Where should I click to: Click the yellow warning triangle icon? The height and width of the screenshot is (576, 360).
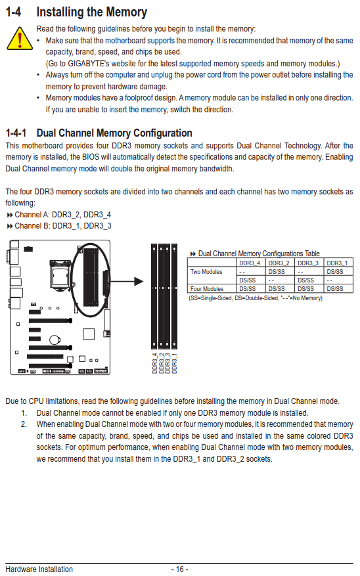(20, 39)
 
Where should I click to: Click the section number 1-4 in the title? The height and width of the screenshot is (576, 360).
(13, 12)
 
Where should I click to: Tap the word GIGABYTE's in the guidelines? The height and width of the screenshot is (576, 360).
(89, 64)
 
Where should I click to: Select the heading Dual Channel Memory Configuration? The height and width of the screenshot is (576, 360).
(114, 133)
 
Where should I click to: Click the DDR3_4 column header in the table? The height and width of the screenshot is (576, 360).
(250, 263)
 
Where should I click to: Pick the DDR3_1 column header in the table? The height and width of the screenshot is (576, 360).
(337, 263)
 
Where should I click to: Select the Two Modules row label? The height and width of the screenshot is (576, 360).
(206, 272)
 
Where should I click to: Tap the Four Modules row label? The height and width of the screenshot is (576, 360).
(207, 289)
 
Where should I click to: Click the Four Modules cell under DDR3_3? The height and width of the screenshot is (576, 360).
(305, 289)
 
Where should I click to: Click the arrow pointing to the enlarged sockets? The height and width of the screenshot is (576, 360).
(126, 282)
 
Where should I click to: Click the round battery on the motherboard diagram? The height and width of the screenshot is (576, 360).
(55, 340)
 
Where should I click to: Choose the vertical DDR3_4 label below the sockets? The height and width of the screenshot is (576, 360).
(155, 363)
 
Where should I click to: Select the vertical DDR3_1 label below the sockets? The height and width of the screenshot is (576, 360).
(175, 363)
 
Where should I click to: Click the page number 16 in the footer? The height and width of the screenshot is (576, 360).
(179, 569)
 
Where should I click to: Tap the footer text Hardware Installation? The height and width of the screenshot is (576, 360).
(39, 569)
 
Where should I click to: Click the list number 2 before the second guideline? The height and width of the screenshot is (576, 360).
(24, 424)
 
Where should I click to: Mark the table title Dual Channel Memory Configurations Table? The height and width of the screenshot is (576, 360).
(259, 254)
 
